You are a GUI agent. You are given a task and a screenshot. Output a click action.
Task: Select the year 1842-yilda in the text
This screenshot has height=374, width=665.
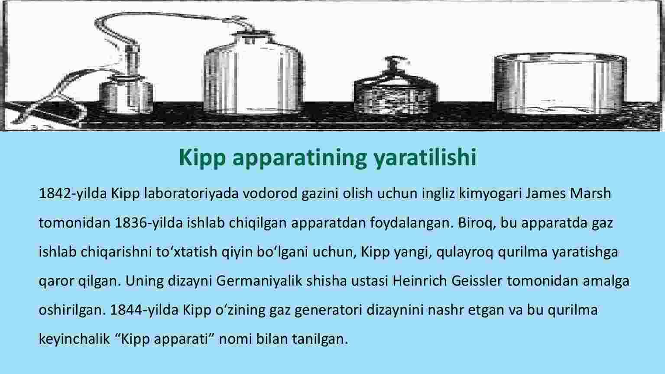click(73, 194)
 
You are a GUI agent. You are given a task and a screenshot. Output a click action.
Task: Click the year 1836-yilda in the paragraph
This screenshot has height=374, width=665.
click(149, 223)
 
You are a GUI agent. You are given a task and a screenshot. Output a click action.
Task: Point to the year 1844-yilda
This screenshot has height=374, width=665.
click(144, 310)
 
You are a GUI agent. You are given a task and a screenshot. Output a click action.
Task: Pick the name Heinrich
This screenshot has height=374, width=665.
click(420, 281)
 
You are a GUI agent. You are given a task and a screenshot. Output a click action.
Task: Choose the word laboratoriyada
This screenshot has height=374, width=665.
click(191, 194)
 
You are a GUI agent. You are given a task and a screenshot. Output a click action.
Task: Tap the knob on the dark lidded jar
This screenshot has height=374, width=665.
click(396, 63)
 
